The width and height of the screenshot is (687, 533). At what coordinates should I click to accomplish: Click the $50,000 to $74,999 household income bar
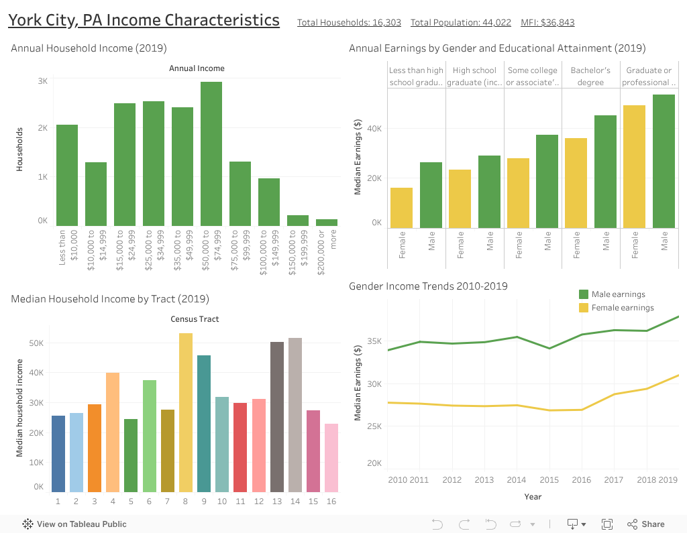211,154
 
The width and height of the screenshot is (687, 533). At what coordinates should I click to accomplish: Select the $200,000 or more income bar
327,222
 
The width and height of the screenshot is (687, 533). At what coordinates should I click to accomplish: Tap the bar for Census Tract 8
186,412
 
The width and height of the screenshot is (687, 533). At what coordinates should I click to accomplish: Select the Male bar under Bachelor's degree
606,172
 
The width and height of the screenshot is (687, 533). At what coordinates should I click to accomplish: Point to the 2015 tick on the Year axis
549,480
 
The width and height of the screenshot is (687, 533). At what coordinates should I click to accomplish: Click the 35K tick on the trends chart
374,341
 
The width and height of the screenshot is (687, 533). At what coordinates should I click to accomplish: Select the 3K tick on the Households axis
42,81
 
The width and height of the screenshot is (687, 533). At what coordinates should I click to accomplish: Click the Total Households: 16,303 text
349,23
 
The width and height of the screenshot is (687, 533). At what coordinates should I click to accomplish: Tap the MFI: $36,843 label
547,23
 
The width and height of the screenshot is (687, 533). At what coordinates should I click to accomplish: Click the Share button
646,524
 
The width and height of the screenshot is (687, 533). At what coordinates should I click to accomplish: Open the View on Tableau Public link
74,524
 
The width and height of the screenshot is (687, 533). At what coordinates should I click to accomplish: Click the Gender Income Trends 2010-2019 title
428,286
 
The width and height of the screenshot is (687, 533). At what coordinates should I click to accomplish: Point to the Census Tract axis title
195,319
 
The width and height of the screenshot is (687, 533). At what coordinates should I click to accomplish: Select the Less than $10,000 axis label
68,247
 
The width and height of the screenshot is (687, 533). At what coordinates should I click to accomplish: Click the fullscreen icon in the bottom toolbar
607,524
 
